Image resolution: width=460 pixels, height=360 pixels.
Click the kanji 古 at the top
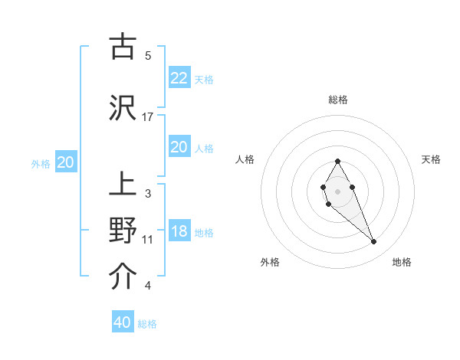coord(123,47)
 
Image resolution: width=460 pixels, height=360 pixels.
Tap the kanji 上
coord(123,186)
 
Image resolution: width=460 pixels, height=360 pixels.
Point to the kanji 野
coord(123,230)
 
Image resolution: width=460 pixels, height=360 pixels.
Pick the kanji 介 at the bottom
coord(123,276)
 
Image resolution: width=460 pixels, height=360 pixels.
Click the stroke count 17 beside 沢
coord(148,116)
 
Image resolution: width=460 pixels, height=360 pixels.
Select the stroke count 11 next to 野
coord(148,240)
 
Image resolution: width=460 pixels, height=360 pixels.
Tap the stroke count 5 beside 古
coord(148,55)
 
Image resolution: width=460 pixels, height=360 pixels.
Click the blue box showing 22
coord(179,77)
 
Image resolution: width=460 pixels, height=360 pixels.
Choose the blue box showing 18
coord(179,231)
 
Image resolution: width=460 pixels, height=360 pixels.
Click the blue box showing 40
coord(123,322)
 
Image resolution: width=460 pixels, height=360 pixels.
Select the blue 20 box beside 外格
coord(65,162)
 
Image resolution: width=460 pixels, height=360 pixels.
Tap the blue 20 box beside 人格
coord(179,146)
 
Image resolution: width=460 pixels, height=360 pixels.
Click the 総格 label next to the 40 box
coord(148,324)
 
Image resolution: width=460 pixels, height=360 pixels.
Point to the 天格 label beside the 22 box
coord(204,79)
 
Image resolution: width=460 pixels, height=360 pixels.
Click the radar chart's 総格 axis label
coord(338,100)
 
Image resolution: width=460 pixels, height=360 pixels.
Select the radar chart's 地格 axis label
coord(402,262)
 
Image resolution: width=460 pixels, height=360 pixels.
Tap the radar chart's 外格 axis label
coord(270,262)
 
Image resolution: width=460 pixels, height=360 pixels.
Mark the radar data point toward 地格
coord(373,242)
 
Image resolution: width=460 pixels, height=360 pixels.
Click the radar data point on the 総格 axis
coord(337,162)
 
